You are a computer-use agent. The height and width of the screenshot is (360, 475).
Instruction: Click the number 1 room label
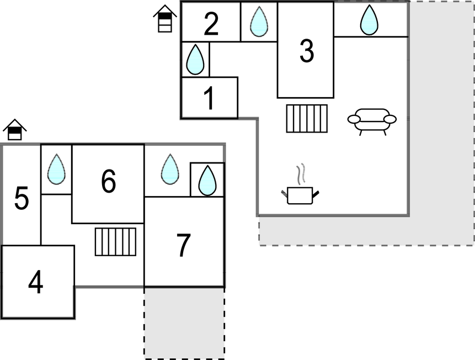[209, 99]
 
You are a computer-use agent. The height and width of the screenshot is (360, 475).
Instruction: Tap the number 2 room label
[211, 24]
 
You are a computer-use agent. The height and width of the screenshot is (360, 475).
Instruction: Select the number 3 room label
[307, 51]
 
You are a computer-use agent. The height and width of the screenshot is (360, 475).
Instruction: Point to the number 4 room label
[36, 283]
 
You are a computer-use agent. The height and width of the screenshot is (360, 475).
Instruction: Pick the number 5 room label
[22, 199]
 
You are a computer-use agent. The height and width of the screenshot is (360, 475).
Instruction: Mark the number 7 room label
[183, 246]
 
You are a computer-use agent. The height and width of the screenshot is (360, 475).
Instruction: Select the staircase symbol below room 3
[307, 118]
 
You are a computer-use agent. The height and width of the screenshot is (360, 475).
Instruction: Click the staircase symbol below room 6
[115, 242]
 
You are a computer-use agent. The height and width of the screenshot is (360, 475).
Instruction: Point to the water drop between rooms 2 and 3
[259, 22]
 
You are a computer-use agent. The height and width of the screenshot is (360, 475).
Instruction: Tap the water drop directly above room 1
[195, 60]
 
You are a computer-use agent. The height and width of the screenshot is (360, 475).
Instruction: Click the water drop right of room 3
[369, 20]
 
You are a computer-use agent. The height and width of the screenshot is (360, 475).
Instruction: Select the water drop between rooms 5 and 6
[56, 169]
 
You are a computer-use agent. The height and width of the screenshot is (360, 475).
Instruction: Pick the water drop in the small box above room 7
[207, 180]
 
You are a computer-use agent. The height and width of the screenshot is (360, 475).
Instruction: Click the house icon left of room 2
[165, 18]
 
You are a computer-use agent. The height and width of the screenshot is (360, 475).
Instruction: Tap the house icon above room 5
[15, 130]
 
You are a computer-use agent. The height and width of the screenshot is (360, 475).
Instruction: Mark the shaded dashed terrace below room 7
[184, 322]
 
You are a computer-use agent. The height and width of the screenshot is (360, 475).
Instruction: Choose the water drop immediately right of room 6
[169, 169]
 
